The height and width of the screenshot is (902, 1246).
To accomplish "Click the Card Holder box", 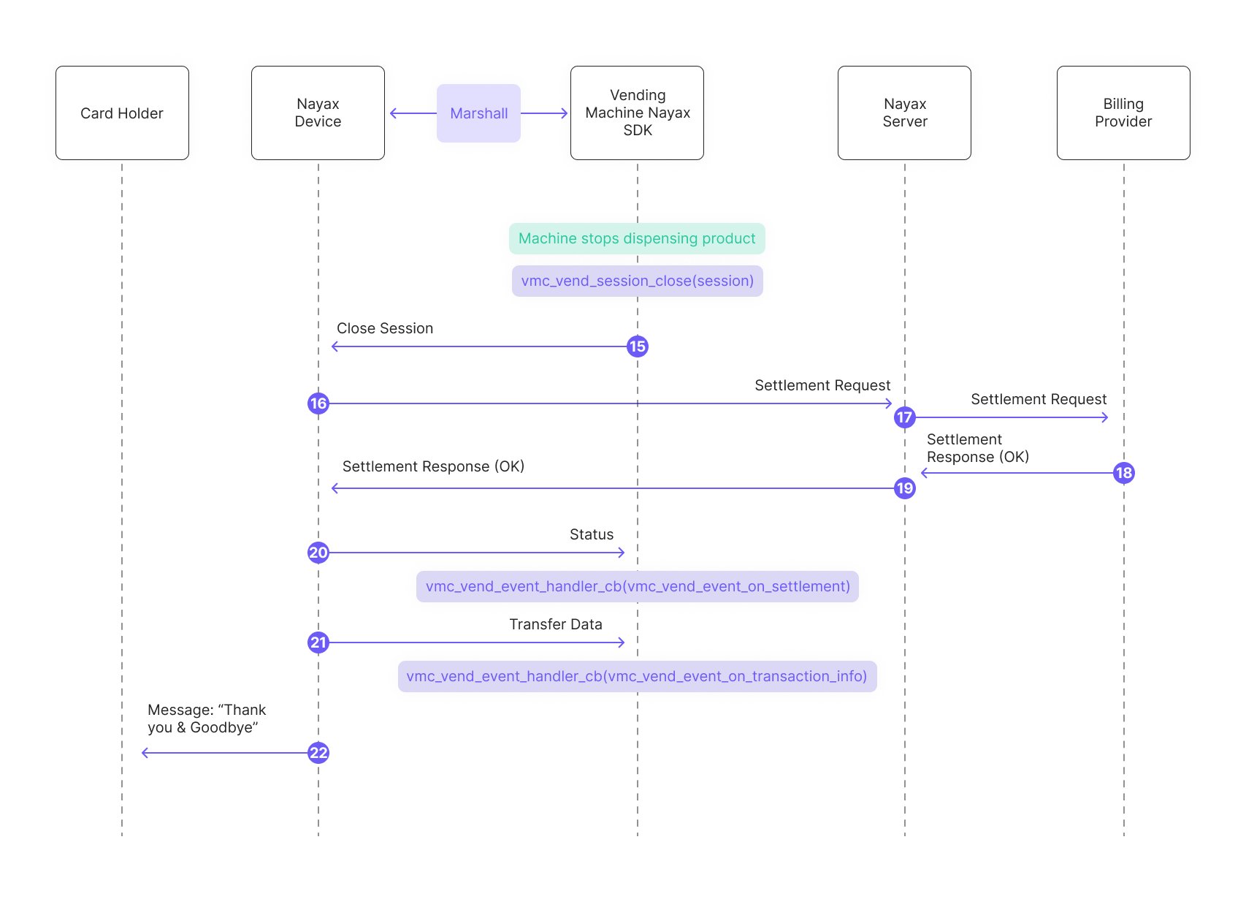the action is coord(123,113).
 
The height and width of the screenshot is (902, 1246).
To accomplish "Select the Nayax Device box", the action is coord(318,113).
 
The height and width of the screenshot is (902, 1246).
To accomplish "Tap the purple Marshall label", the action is coord(479,113).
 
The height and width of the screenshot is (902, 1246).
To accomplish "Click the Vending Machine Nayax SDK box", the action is coord(638,113).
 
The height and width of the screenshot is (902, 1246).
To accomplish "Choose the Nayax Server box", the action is coord(905,113).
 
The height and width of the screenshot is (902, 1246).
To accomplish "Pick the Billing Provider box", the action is coord(1124,113).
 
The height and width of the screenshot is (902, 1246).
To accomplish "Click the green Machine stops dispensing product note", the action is coord(638,239).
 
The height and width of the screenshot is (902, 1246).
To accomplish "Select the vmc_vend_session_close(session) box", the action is coord(638,281).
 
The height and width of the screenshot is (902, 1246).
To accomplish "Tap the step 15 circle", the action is coord(638,347).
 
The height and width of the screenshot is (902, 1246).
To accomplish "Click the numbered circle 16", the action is coord(318,403).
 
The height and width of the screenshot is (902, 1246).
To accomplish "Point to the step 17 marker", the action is coord(905,417).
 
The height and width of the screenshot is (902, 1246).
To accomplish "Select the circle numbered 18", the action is coord(1124,473).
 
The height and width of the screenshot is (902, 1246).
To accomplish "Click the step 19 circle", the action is coord(905,489).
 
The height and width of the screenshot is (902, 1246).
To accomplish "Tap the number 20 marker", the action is coord(318,553).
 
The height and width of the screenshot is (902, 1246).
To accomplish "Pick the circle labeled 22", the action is coord(318,754).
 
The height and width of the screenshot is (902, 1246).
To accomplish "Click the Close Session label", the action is coord(385,328).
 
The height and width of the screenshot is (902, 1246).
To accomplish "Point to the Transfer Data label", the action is coord(556,625).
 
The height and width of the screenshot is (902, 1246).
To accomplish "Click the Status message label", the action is coord(592,534).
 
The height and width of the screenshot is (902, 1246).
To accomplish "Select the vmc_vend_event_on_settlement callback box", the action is coord(638,587).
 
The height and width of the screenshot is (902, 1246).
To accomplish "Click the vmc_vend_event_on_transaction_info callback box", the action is coord(638,677).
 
